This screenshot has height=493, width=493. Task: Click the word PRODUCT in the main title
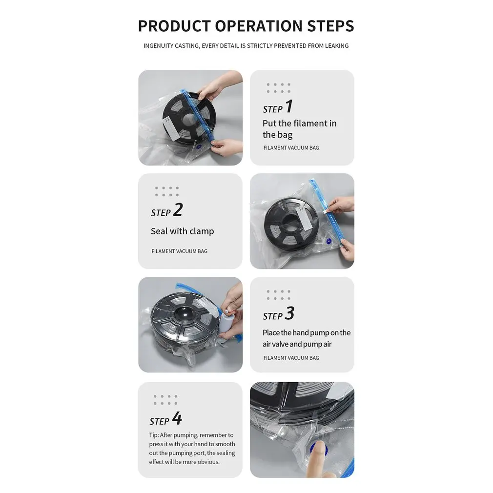[x=174, y=26]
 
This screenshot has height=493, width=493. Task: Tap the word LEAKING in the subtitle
[x=337, y=46]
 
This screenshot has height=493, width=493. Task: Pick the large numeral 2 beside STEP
[x=178, y=210]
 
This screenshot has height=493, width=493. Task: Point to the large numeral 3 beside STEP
[x=289, y=313]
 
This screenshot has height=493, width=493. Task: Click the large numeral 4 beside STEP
[x=177, y=418]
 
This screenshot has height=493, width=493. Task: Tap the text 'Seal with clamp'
[x=183, y=231]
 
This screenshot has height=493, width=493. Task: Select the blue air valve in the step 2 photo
[x=329, y=241]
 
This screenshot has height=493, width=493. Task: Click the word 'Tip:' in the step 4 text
[x=154, y=435]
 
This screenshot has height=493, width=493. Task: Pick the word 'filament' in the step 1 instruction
[x=310, y=123]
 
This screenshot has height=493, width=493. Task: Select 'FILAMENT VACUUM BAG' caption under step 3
[x=291, y=358]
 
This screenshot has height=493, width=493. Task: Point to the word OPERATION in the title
[x=259, y=26]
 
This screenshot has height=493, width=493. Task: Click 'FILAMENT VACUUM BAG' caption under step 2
[x=180, y=251]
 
